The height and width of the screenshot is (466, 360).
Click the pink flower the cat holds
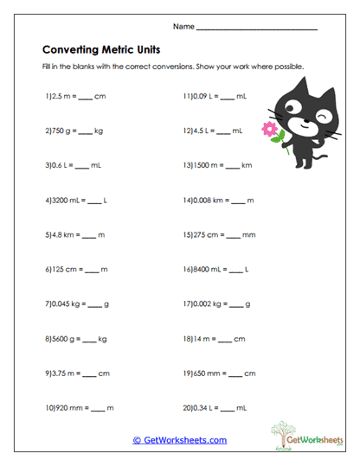click(x=270, y=130)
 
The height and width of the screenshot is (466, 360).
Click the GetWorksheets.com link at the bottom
click(x=180, y=440)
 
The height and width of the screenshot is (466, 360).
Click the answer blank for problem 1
click(x=84, y=98)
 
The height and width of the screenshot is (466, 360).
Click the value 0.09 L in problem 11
click(x=206, y=98)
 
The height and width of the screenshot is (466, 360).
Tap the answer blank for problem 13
click(x=232, y=165)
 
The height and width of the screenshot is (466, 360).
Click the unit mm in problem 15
click(x=253, y=233)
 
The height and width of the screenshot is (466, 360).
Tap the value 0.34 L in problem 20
click(x=206, y=406)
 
